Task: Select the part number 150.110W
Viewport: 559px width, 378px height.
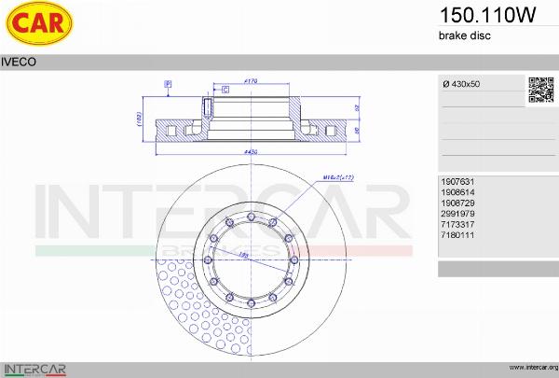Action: [x=473, y=15]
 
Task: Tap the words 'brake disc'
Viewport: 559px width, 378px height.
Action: [x=464, y=35]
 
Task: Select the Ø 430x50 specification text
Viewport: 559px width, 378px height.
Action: [x=464, y=84]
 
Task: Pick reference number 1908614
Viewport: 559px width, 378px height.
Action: [x=457, y=193]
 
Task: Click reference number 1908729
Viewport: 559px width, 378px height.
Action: [x=457, y=203]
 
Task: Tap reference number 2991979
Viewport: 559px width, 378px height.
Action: [x=457, y=213]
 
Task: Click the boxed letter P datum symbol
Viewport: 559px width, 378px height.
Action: [x=168, y=84]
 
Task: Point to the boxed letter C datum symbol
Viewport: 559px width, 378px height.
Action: [x=225, y=89]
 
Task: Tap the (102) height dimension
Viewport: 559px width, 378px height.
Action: [x=138, y=119]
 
